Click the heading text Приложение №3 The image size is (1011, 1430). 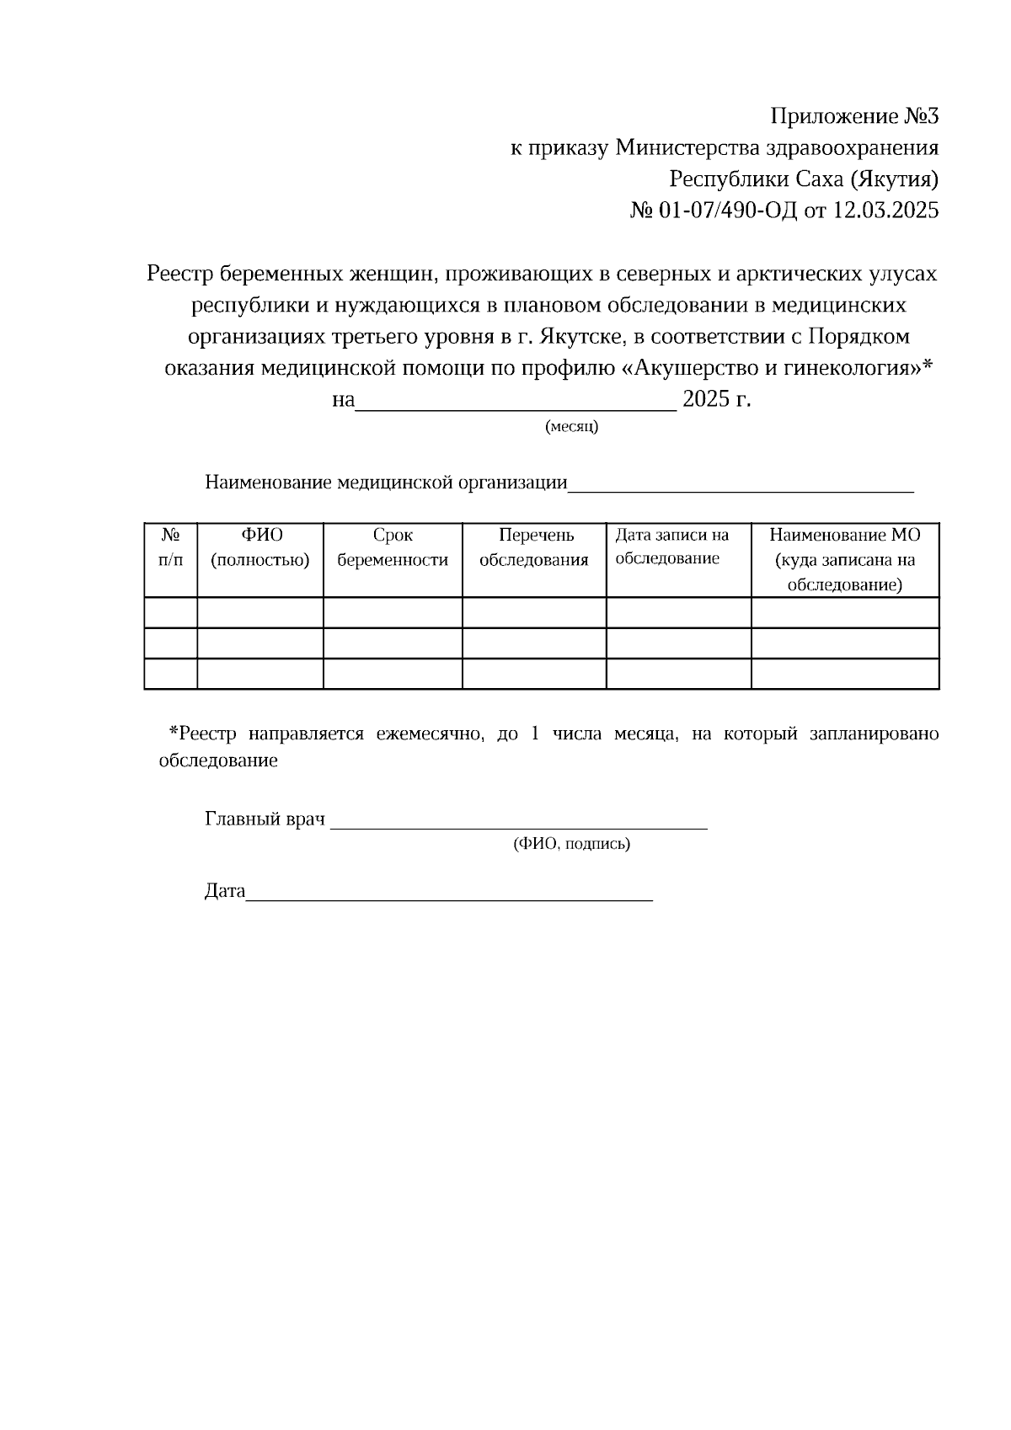[x=854, y=116]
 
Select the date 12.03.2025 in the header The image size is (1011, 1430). [x=885, y=211]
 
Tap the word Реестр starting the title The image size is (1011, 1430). [x=179, y=274]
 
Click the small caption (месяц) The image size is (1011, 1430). [x=572, y=427]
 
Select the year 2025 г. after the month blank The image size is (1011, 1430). [x=716, y=399]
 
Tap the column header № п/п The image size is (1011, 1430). [x=171, y=547]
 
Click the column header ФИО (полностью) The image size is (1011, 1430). [x=260, y=547]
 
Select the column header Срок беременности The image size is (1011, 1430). [x=393, y=547]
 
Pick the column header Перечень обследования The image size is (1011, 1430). [x=534, y=547]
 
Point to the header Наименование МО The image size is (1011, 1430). [x=845, y=536]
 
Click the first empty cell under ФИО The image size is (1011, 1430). [x=260, y=613]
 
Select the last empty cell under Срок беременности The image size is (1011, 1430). [x=393, y=674]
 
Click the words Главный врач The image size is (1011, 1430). [x=265, y=819]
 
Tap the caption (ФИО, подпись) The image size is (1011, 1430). [x=571, y=844]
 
